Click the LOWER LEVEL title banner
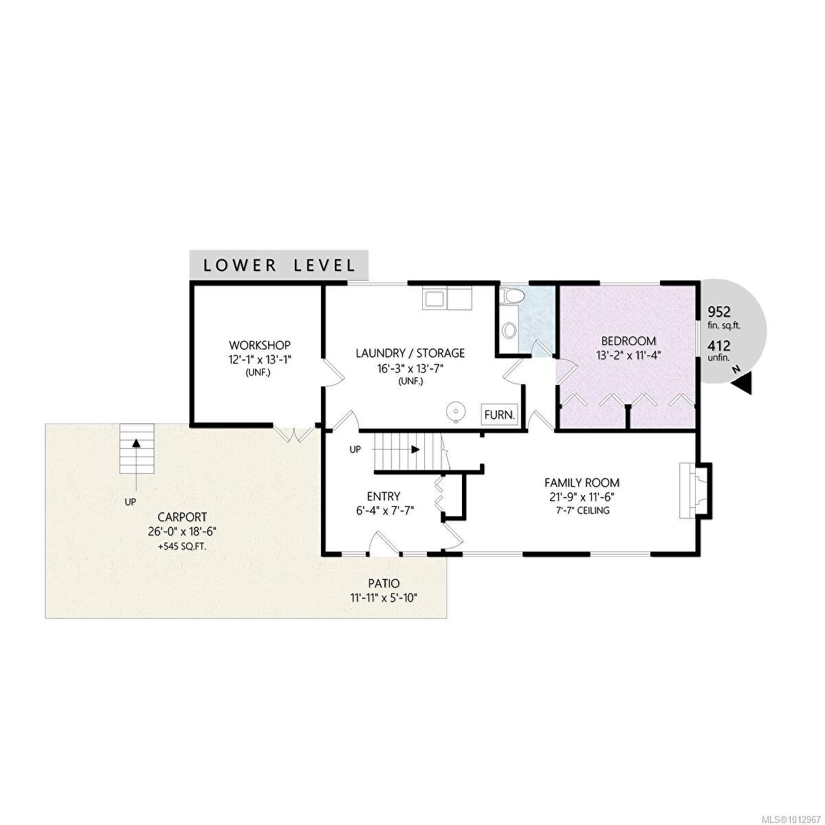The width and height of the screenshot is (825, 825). (278, 265)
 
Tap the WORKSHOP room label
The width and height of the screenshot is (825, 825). (260, 344)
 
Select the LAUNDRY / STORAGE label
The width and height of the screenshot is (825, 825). (410, 353)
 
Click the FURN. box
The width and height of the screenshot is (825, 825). (499, 415)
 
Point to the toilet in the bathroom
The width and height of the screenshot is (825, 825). (511, 296)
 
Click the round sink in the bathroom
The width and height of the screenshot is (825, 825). (509, 330)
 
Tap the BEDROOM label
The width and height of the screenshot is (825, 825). (628, 341)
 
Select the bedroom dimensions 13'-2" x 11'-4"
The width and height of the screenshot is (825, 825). (628, 355)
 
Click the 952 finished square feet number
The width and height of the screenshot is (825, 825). (719, 311)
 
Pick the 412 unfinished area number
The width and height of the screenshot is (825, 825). (719, 345)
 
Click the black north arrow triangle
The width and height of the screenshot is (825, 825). (742, 382)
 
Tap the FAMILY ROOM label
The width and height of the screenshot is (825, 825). (582, 483)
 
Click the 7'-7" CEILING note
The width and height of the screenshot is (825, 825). (582, 511)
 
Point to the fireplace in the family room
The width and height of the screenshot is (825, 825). (695, 491)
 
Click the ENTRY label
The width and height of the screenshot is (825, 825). (384, 496)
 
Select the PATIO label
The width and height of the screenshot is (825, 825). (384, 583)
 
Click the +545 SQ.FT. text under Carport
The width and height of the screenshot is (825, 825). (182, 547)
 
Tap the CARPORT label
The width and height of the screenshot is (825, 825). (182, 517)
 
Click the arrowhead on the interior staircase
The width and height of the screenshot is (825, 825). (415, 450)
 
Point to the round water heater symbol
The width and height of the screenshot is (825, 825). (454, 412)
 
